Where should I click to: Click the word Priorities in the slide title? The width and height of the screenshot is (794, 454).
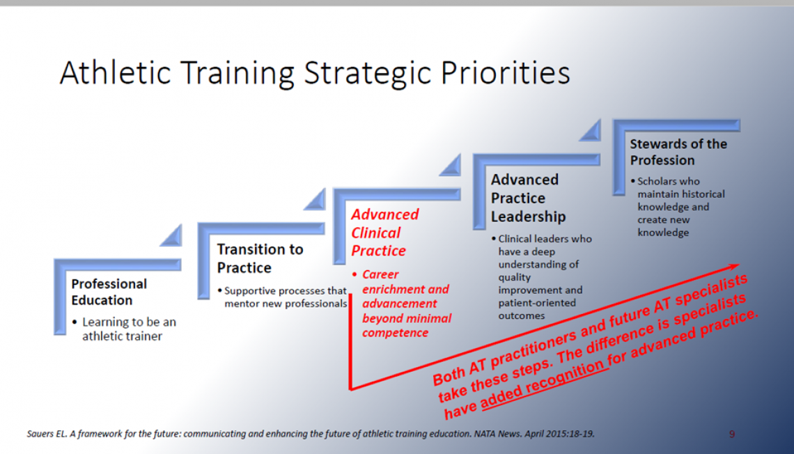pyautogui.click(x=506, y=72)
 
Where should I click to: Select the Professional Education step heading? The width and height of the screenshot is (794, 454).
pyautogui.click(x=109, y=292)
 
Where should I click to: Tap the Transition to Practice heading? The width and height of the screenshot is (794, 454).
pyautogui.click(x=260, y=258)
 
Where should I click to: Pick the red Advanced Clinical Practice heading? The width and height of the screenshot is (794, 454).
pyautogui.click(x=385, y=233)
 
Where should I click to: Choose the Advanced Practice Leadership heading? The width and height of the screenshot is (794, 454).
pyautogui.click(x=528, y=198)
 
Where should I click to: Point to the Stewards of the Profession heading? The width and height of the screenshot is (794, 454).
pyautogui.click(x=678, y=152)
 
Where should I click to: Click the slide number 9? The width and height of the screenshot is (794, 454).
pyautogui.click(x=732, y=435)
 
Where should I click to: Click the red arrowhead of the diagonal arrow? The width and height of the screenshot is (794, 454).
pyautogui.click(x=733, y=266)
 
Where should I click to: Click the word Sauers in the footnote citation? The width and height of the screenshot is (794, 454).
pyautogui.click(x=39, y=434)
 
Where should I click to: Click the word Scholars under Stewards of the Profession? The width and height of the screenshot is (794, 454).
pyautogui.click(x=656, y=181)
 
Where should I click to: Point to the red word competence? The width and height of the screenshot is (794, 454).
pyautogui.click(x=395, y=333)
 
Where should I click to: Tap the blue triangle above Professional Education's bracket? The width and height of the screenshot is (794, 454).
pyautogui.click(x=171, y=235)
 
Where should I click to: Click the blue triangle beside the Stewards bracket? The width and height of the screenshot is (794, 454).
pyautogui.click(x=590, y=130)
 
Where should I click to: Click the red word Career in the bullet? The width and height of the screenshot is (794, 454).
pyautogui.click(x=380, y=274)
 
